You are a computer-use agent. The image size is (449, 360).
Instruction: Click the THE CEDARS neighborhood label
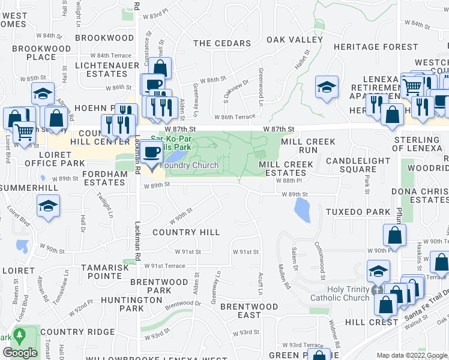coord(222,43)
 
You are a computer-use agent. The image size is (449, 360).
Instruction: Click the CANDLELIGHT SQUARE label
coord(359,166)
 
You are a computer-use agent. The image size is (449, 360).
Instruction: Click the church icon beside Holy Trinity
coord(376,290)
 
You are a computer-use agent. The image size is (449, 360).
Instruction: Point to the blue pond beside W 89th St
coord(301,210)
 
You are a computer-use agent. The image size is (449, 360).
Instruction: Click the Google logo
coord(20,353)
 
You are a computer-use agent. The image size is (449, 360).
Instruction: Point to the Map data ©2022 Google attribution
coord(411,355)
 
